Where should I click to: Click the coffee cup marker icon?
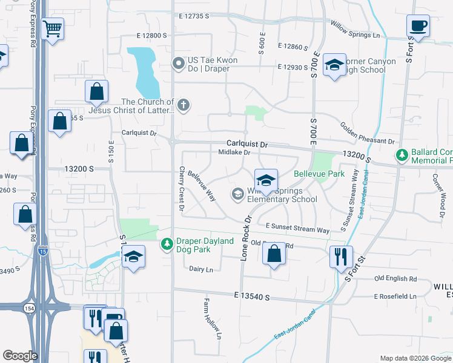(417, 26)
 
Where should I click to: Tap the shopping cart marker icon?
(53, 28)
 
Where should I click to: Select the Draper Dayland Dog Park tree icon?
(168, 244)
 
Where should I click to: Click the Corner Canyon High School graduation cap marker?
(334, 66)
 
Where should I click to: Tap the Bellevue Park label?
(319, 174)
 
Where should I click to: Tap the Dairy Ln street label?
(201, 269)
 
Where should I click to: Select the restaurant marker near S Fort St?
(340, 256)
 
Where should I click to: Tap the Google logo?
(20, 356)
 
